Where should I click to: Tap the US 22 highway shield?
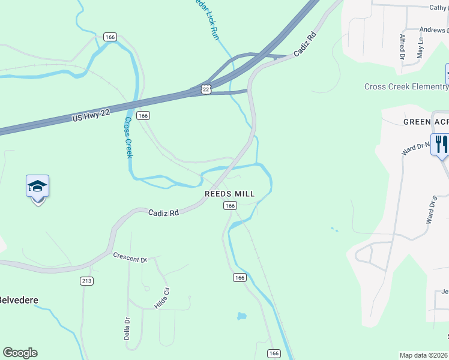click(x=206, y=89)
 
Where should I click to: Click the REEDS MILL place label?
click(x=230, y=194)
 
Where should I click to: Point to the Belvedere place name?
click(x=18, y=300)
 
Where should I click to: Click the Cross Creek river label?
click(x=128, y=137)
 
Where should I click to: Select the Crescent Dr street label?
click(x=130, y=257)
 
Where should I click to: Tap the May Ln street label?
click(x=420, y=47)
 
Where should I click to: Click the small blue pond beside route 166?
click(x=242, y=316)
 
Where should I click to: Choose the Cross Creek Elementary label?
click(x=406, y=87)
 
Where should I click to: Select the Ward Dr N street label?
click(x=415, y=148)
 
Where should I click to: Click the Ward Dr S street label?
click(x=430, y=209)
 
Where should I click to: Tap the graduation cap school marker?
click(x=37, y=187)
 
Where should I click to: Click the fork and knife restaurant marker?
click(x=441, y=144)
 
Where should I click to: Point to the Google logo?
click(x=20, y=353)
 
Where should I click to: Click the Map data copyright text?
click(x=424, y=355)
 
